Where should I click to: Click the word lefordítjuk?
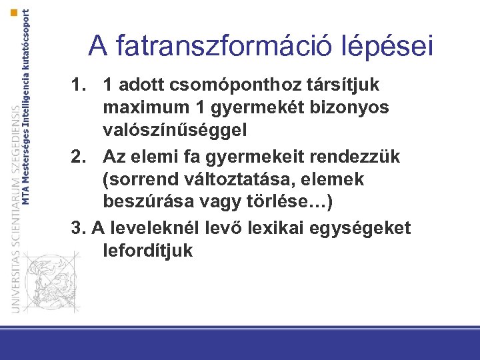(148, 251)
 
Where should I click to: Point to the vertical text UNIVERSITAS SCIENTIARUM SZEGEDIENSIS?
(15, 207)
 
